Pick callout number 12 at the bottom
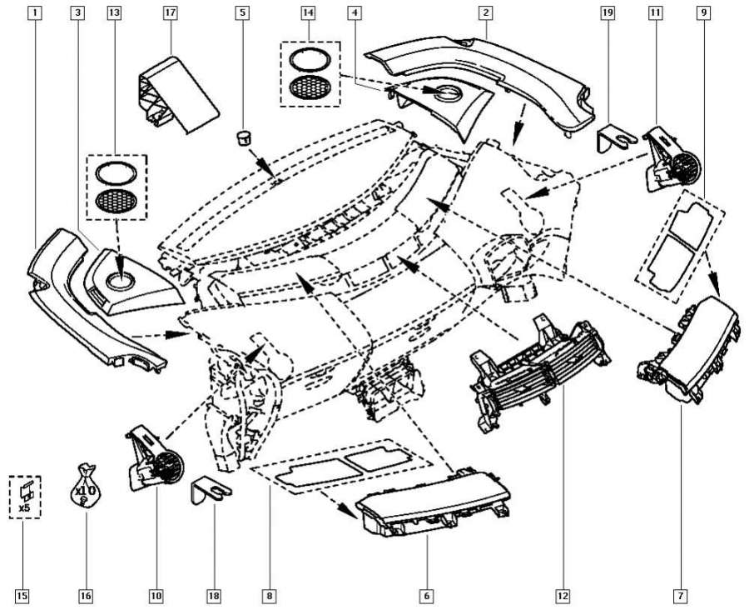563,596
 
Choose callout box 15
22,596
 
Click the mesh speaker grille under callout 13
117,201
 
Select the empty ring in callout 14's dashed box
308,60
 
